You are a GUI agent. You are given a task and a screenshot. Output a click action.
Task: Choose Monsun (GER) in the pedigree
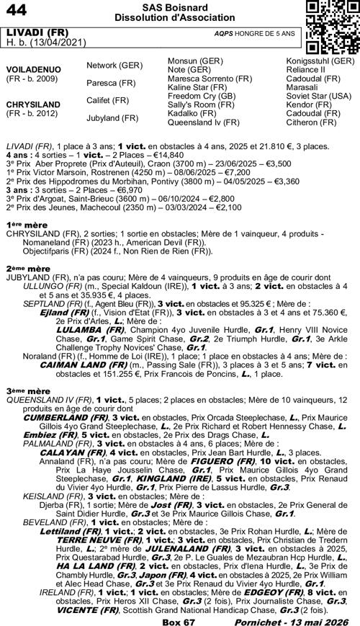tap(194, 61)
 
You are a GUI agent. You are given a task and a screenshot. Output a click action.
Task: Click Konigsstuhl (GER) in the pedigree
tap(320, 61)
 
